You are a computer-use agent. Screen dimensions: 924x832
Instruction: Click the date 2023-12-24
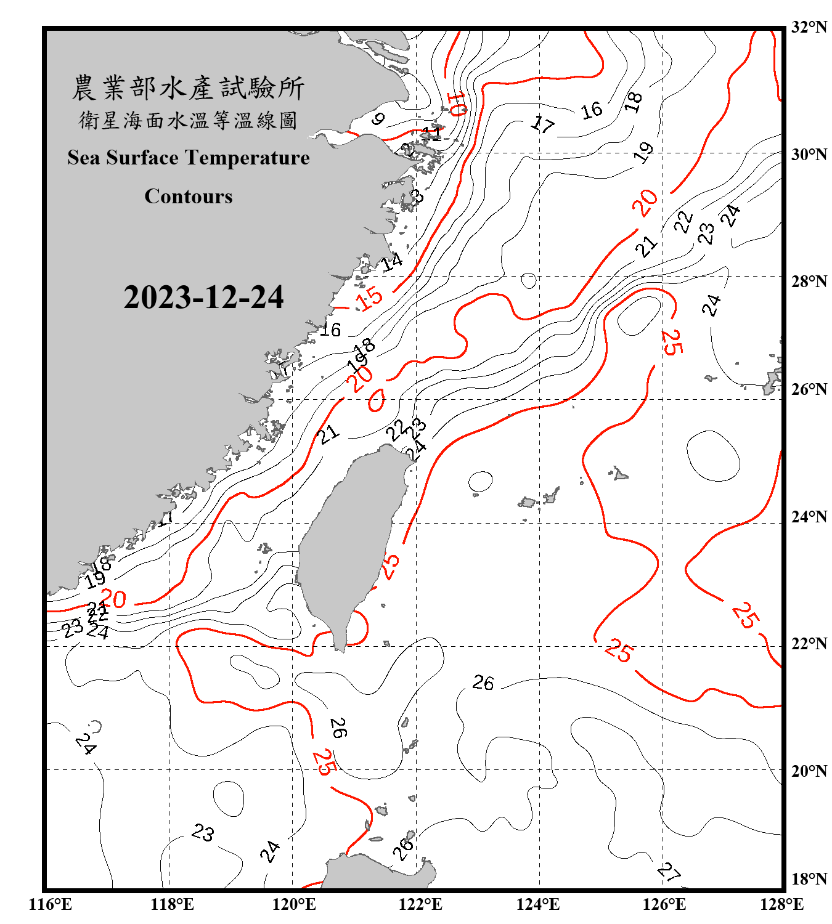(x=203, y=297)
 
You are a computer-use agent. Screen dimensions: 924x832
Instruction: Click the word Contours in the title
(x=189, y=196)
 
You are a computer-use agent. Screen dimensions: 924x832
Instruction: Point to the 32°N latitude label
(x=809, y=26)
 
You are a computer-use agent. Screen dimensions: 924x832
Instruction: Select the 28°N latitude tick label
(x=809, y=281)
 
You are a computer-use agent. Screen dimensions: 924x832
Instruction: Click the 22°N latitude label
(x=809, y=644)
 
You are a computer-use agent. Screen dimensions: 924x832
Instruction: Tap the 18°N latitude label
(x=809, y=878)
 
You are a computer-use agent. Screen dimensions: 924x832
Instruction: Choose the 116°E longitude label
(x=51, y=904)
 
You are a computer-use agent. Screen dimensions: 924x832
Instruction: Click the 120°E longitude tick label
(x=294, y=904)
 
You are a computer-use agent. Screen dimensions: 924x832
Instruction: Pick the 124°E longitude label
(x=538, y=904)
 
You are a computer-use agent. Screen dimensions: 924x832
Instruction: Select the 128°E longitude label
(x=781, y=904)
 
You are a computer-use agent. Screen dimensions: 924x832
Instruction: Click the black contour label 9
(x=378, y=118)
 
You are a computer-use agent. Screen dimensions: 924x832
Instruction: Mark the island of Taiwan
(x=351, y=542)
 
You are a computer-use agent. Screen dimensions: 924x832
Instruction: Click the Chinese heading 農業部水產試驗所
(x=188, y=88)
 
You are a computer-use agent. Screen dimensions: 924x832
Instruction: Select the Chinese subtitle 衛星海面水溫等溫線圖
(x=188, y=120)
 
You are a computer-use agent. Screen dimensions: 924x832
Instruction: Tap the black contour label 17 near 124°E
(x=542, y=124)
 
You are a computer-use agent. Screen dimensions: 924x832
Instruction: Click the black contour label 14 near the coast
(x=392, y=262)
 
